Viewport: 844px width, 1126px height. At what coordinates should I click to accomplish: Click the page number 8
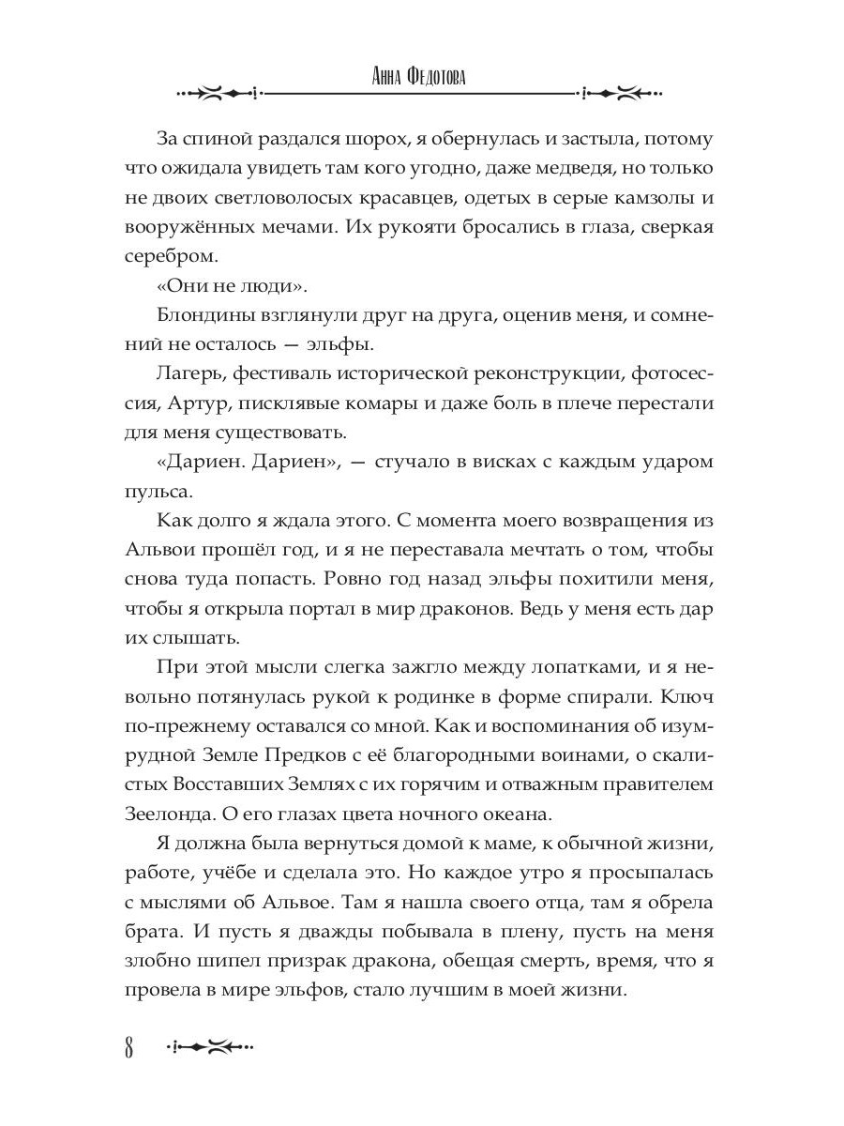(x=129, y=1047)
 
